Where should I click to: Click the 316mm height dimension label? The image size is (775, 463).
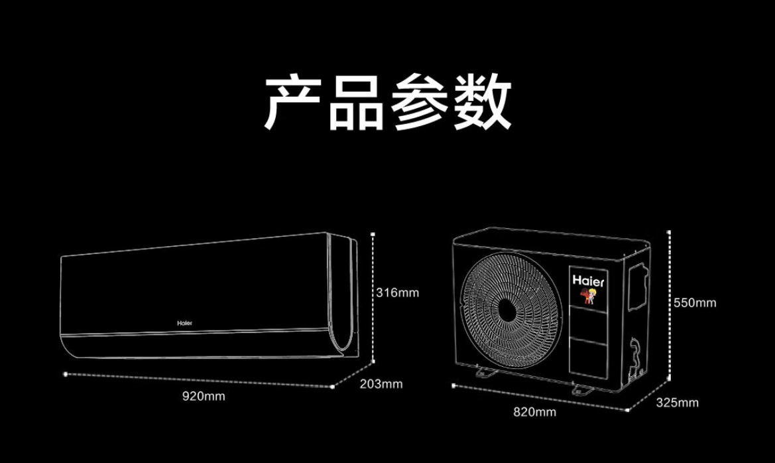[398, 292]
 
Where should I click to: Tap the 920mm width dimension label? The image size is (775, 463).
[204, 397]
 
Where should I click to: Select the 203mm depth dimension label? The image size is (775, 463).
[381, 384]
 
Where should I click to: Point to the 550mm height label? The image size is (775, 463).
[695, 302]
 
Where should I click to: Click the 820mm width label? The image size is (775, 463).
[534, 412]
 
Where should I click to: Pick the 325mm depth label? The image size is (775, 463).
[677, 403]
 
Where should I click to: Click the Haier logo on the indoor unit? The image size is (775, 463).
[185, 322]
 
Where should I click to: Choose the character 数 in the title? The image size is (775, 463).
[482, 103]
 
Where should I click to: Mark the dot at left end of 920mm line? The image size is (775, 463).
[65, 374]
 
